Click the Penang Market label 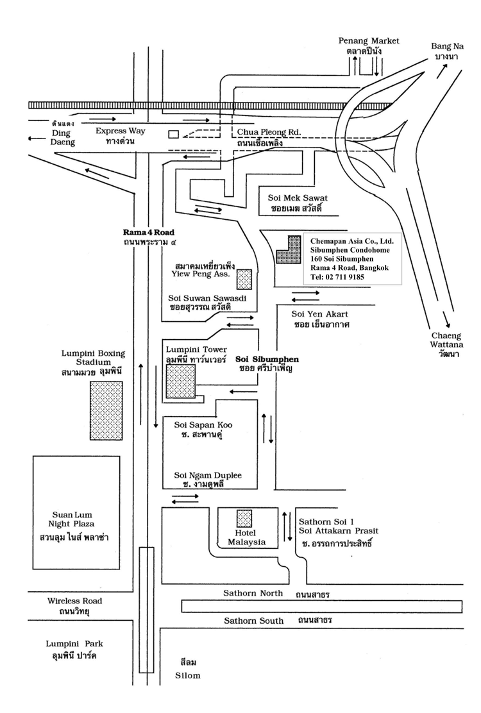[x=369, y=40]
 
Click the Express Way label [x=121, y=131]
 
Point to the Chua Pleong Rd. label [x=269, y=132]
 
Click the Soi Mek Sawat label [x=298, y=197]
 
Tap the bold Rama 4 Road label [x=149, y=232]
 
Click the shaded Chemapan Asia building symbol [x=289, y=249]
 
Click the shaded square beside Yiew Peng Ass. [x=244, y=279]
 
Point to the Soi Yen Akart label [x=319, y=314]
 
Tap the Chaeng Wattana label [x=446, y=340]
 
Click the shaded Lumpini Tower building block [x=180, y=381]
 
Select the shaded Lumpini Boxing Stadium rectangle [x=106, y=410]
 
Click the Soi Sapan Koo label [x=203, y=424]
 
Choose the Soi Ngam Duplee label [x=208, y=475]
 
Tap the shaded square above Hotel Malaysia [x=244, y=518]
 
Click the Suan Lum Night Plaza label [x=72, y=519]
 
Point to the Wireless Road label [x=74, y=601]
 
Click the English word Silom [x=188, y=675]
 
